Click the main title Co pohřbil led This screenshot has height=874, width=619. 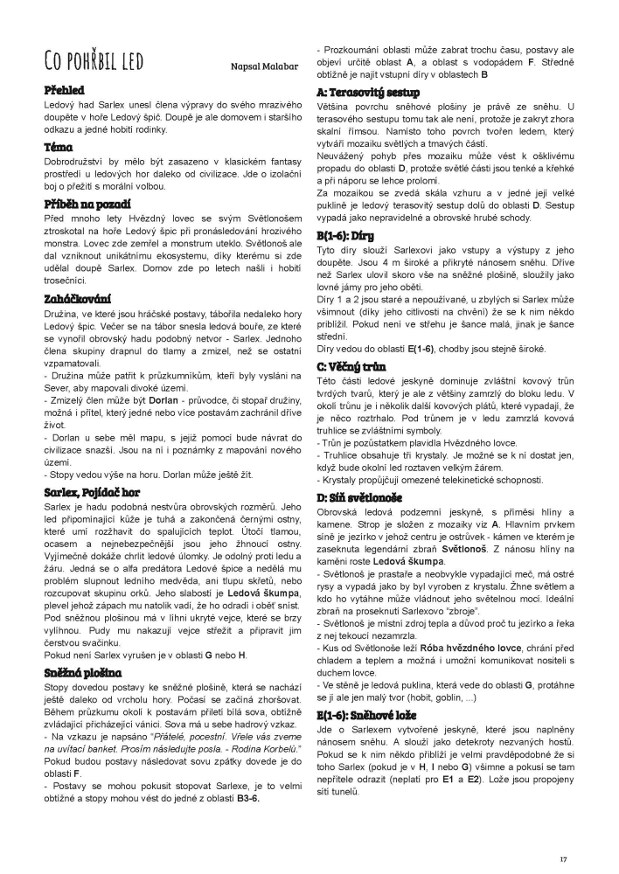point(94,62)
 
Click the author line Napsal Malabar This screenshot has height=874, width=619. point(264,66)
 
